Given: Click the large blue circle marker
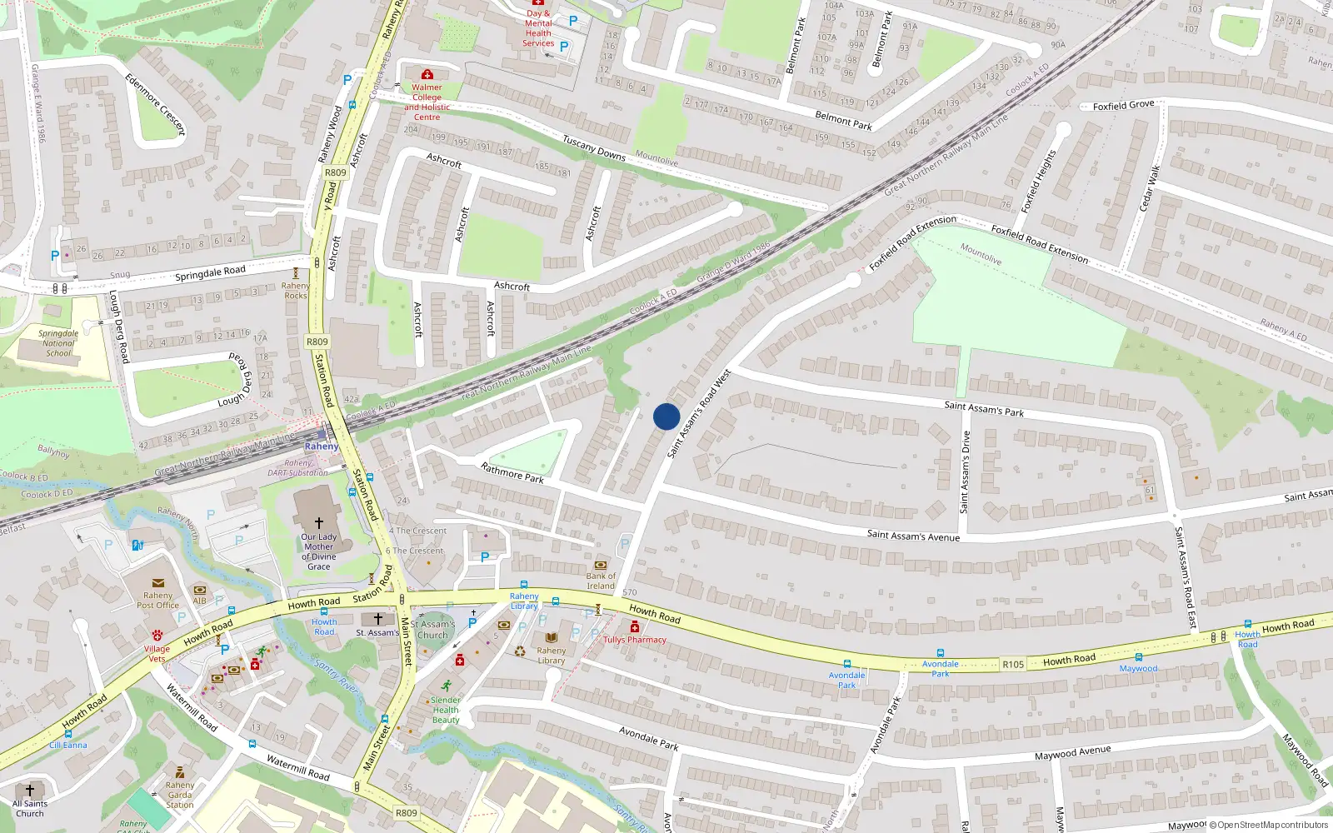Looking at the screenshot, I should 666,416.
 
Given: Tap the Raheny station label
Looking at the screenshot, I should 322,446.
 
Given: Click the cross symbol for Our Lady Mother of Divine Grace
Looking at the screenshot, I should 319,523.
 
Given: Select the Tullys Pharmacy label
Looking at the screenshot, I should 635,640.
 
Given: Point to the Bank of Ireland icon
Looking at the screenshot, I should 601,565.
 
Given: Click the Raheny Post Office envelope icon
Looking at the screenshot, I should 157,583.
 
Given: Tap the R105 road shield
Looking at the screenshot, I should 1013,664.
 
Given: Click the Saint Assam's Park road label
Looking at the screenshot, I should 984,408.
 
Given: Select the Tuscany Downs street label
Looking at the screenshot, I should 594,147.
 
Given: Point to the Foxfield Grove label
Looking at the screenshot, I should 1123,106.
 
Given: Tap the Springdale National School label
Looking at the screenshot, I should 58,343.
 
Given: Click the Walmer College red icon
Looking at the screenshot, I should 427,75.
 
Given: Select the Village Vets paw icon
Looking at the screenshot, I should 157,636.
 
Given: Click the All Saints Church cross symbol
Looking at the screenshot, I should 30,790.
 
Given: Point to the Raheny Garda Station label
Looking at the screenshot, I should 180,795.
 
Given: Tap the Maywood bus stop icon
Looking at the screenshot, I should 1138,657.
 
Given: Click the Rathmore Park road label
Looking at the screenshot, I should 512,473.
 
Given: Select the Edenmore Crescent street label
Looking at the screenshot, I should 155,104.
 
